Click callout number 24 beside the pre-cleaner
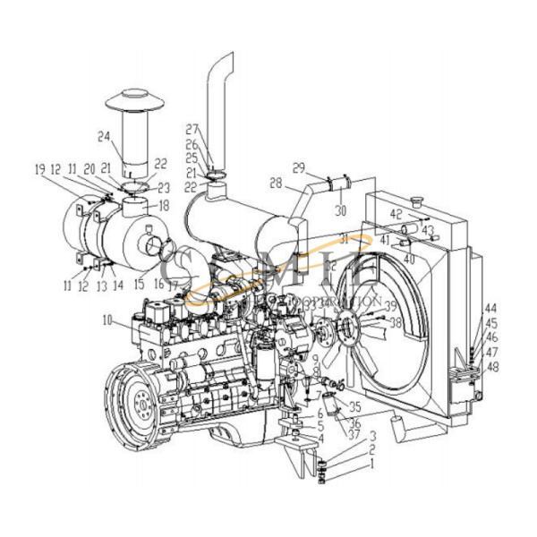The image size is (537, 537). click(x=104, y=137)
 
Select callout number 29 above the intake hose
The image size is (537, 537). click(x=299, y=166)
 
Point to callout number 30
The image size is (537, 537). click(x=339, y=211)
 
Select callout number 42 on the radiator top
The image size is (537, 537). click(x=396, y=215)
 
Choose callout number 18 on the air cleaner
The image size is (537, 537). click(x=163, y=205)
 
